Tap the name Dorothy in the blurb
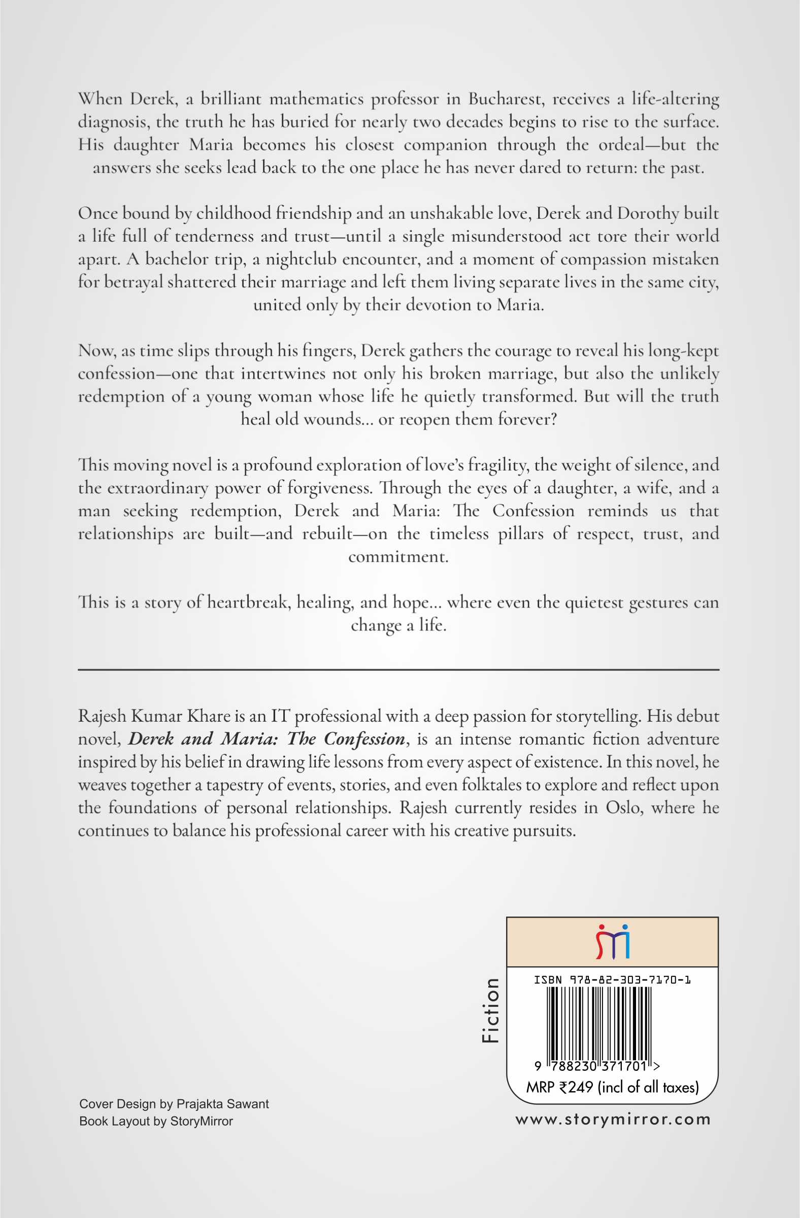[648, 213]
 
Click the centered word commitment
[398, 557]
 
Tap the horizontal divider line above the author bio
[398, 669]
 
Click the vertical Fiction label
[490, 1010]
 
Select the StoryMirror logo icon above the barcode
[612, 941]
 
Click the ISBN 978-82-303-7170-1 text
[612, 980]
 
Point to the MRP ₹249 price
[612, 1087]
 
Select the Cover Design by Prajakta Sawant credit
[174, 1104]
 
